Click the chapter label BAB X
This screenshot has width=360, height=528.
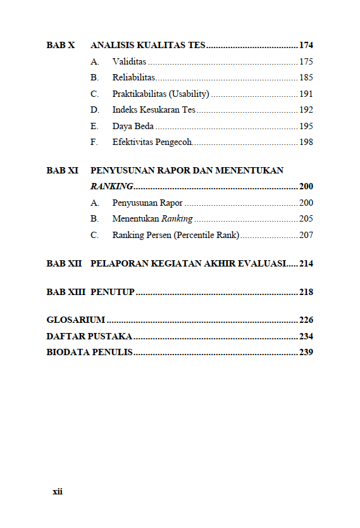pos(61,46)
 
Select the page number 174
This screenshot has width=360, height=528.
pos(306,46)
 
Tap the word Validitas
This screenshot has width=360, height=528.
pos(129,62)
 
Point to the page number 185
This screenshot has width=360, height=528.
pos(306,78)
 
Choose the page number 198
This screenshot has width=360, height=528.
pos(306,142)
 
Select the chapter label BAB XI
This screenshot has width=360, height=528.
pos(62,170)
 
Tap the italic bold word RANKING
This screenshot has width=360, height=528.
pos(111,187)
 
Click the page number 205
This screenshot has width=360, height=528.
pos(306,219)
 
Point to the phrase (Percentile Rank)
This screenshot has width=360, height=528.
pos(208,235)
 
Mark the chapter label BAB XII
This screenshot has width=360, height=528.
pos(64,263)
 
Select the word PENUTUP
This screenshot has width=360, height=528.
pos(113,292)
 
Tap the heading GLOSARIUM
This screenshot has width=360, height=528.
pos(75,320)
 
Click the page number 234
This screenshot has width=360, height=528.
pos(306,336)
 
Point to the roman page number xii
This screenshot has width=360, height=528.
pos(57,492)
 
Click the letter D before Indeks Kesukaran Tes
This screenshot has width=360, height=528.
pos(94,110)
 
